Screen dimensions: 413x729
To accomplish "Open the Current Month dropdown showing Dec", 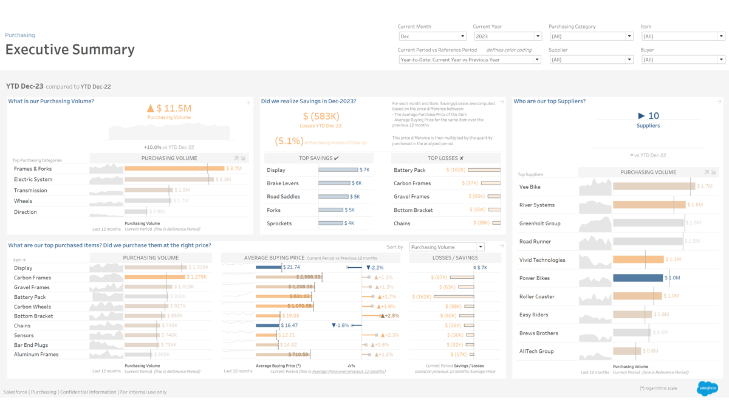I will click(x=432, y=36).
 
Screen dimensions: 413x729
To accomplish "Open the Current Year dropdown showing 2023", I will click(x=507, y=36).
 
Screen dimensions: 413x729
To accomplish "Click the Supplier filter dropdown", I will click(x=590, y=60).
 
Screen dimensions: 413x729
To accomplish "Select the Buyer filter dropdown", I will click(x=683, y=60).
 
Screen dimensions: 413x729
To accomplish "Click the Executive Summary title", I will click(x=70, y=50).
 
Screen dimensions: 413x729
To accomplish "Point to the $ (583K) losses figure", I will click(x=321, y=116).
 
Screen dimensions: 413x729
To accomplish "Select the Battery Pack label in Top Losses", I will click(x=409, y=170).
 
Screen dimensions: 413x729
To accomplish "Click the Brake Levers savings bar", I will click(x=334, y=183).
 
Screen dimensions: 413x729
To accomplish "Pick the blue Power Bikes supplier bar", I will click(x=637, y=278).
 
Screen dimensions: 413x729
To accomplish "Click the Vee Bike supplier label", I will click(x=530, y=187).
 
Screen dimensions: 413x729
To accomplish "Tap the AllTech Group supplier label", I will click(x=536, y=351).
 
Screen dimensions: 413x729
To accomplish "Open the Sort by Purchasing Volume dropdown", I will click(x=447, y=247).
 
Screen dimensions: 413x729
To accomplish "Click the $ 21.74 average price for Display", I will click(x=292, y=267).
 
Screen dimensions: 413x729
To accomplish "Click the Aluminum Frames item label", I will click(x=36, y=354).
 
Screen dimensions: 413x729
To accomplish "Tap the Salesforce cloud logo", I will click(x=707, y=388).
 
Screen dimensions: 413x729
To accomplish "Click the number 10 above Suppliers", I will click(x=653, y=115).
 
